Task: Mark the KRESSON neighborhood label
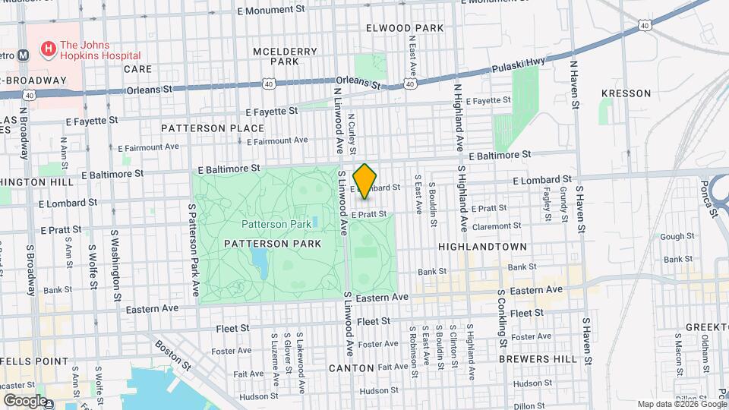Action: pos(626,93)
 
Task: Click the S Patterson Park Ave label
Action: pos(194,258)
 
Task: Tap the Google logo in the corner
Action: pos(24,401)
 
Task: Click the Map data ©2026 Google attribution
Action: pos(680,404)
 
